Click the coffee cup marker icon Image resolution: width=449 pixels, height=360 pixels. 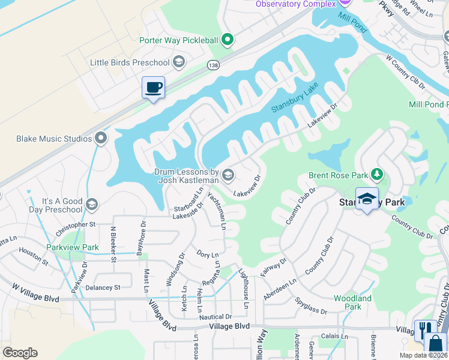(153, 87)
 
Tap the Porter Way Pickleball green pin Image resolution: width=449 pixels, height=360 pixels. (227, 41)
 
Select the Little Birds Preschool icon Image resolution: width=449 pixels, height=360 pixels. (178, 62)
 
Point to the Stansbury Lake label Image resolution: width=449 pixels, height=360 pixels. (294, 99)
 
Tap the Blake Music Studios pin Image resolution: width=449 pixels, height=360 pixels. (101, 139)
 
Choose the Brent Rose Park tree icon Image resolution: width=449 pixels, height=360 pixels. (376, 175)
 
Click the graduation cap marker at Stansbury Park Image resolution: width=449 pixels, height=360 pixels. (367, 197)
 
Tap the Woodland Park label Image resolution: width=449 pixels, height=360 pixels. (352, 302)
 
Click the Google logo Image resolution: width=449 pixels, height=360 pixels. (20, 353)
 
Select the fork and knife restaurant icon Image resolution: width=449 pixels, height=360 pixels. (423, 329)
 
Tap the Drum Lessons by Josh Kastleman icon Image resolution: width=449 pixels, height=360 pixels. (228, 175)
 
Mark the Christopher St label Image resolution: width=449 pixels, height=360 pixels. (76, 229)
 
